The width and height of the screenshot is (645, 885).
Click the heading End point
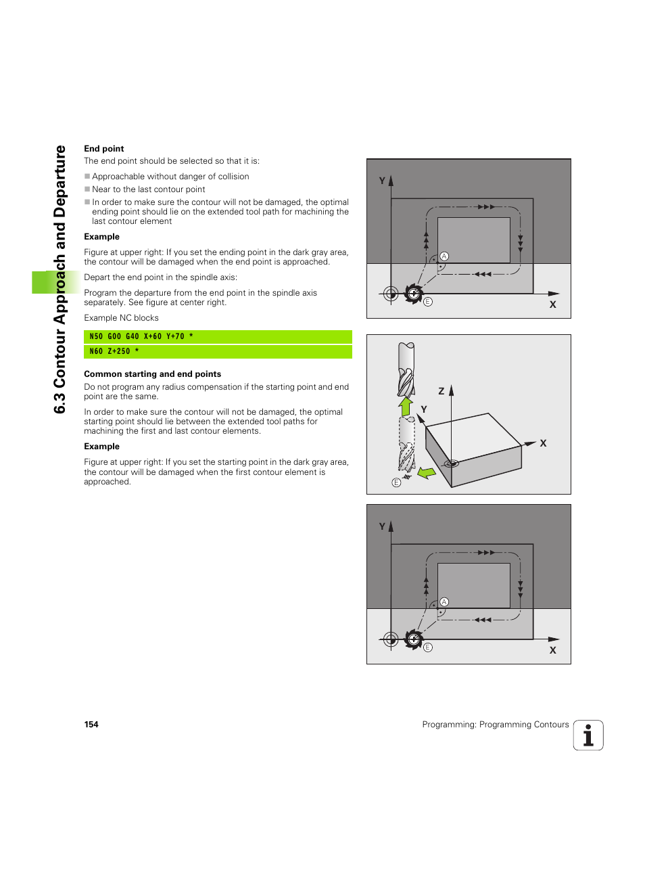[x=103, y=149]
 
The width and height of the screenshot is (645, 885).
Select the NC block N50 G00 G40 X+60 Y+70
[x=141, y=336]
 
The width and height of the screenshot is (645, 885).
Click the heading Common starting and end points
[x=152, y=374]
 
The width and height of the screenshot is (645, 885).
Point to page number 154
[x=91, y=725]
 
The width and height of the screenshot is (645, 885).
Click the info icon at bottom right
[x=588, y=735]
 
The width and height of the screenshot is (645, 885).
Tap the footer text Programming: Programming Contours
[x=495, y=725]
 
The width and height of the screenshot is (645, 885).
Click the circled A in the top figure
[x=444, y=256]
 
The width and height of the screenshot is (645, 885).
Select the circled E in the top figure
[x=428, y=302]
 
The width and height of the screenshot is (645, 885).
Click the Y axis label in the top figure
[x=382, y=181]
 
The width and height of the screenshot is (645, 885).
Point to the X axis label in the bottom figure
[x=552, y=650]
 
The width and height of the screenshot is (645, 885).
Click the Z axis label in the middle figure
[x=441, y=391]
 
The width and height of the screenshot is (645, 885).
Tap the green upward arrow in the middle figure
[x=406, y=406]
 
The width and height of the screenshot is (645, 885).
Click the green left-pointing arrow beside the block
[x=427, y=472]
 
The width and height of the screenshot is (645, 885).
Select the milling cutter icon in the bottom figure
[x=413, y=639]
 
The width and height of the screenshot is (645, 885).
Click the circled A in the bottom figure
[x=444, y=602]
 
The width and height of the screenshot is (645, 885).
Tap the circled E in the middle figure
[x=396, y=482]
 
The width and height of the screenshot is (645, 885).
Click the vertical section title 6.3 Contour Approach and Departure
[x=59, y=279]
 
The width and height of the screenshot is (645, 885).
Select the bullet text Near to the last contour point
[x=148, y=189]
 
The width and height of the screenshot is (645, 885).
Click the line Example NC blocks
[x=121, y=318]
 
